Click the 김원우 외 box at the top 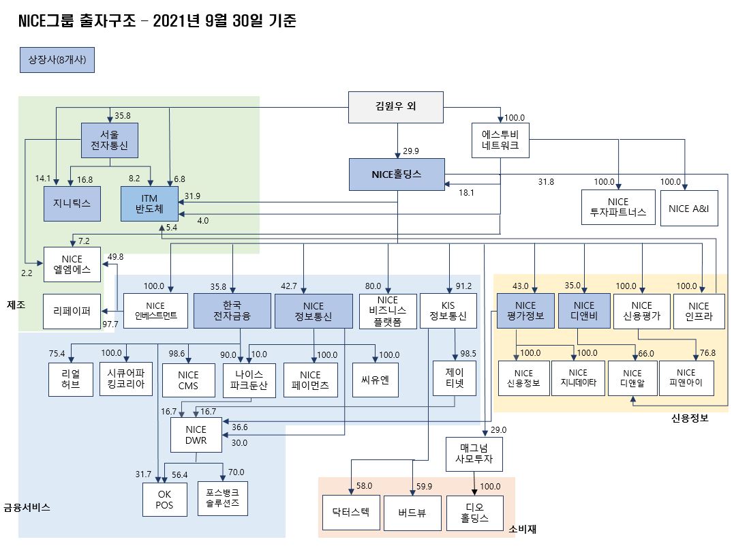tap(396, 107)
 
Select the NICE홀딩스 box tap(397, 175)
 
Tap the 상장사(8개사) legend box tap(57, 59)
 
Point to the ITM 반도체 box tap(149, 204)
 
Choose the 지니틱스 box tap(72, 204)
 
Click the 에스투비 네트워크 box tap(500, 140)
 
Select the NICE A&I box tap(688, 209)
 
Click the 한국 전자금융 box tap(232, 311)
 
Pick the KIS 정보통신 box tap(448, 311)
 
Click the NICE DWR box tap(196, 435)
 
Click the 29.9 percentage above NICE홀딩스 tap(410, 151)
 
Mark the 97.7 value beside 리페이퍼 tap(110, 324)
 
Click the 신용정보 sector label tap(690, 419)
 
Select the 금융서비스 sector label tap(27, 508)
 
